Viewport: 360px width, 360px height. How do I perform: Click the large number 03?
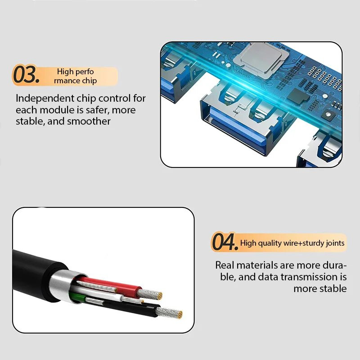click(26, 75)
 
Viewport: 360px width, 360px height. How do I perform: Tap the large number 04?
click(224, 243)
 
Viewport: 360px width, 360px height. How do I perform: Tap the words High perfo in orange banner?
click(75, 72)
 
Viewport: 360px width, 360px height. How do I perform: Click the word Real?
click(225, 265)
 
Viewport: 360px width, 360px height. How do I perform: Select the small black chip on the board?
click(296, 95)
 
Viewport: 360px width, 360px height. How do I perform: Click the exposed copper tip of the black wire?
click(173, 314)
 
